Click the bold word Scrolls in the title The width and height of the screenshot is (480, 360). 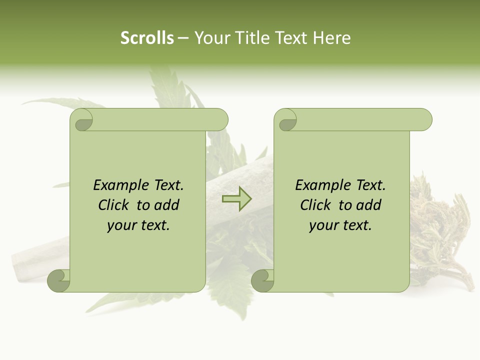point(147,38)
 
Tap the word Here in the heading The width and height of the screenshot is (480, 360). point(332,38)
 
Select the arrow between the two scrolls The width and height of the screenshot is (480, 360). point(236,198)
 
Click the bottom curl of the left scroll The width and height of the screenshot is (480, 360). point(59,280)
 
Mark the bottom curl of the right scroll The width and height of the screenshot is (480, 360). point(262,280)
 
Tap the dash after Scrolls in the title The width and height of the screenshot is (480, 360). point(183,38)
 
